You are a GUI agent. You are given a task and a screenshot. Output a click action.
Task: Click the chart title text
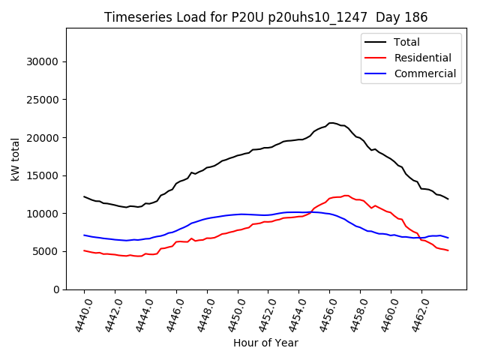click(265, 17)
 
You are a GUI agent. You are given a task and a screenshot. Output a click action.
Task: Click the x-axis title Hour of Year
click(265, 343)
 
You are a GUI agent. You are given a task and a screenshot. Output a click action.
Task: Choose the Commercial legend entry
click(424, 73)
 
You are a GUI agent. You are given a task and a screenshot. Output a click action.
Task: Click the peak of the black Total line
click(331, 122)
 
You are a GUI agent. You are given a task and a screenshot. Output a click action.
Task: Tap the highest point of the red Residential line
click(346, 195)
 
